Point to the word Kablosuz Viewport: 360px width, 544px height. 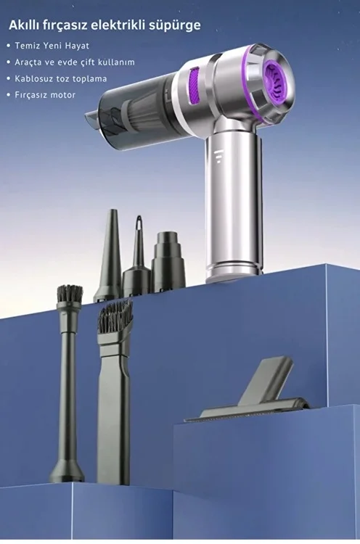[30, 78]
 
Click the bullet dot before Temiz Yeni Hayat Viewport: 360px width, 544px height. [8, 46]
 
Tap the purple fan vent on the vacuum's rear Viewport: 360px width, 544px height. [277, 80]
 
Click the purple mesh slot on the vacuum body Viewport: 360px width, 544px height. [195, 86]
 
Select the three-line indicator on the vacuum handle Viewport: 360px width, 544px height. [218, 157]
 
